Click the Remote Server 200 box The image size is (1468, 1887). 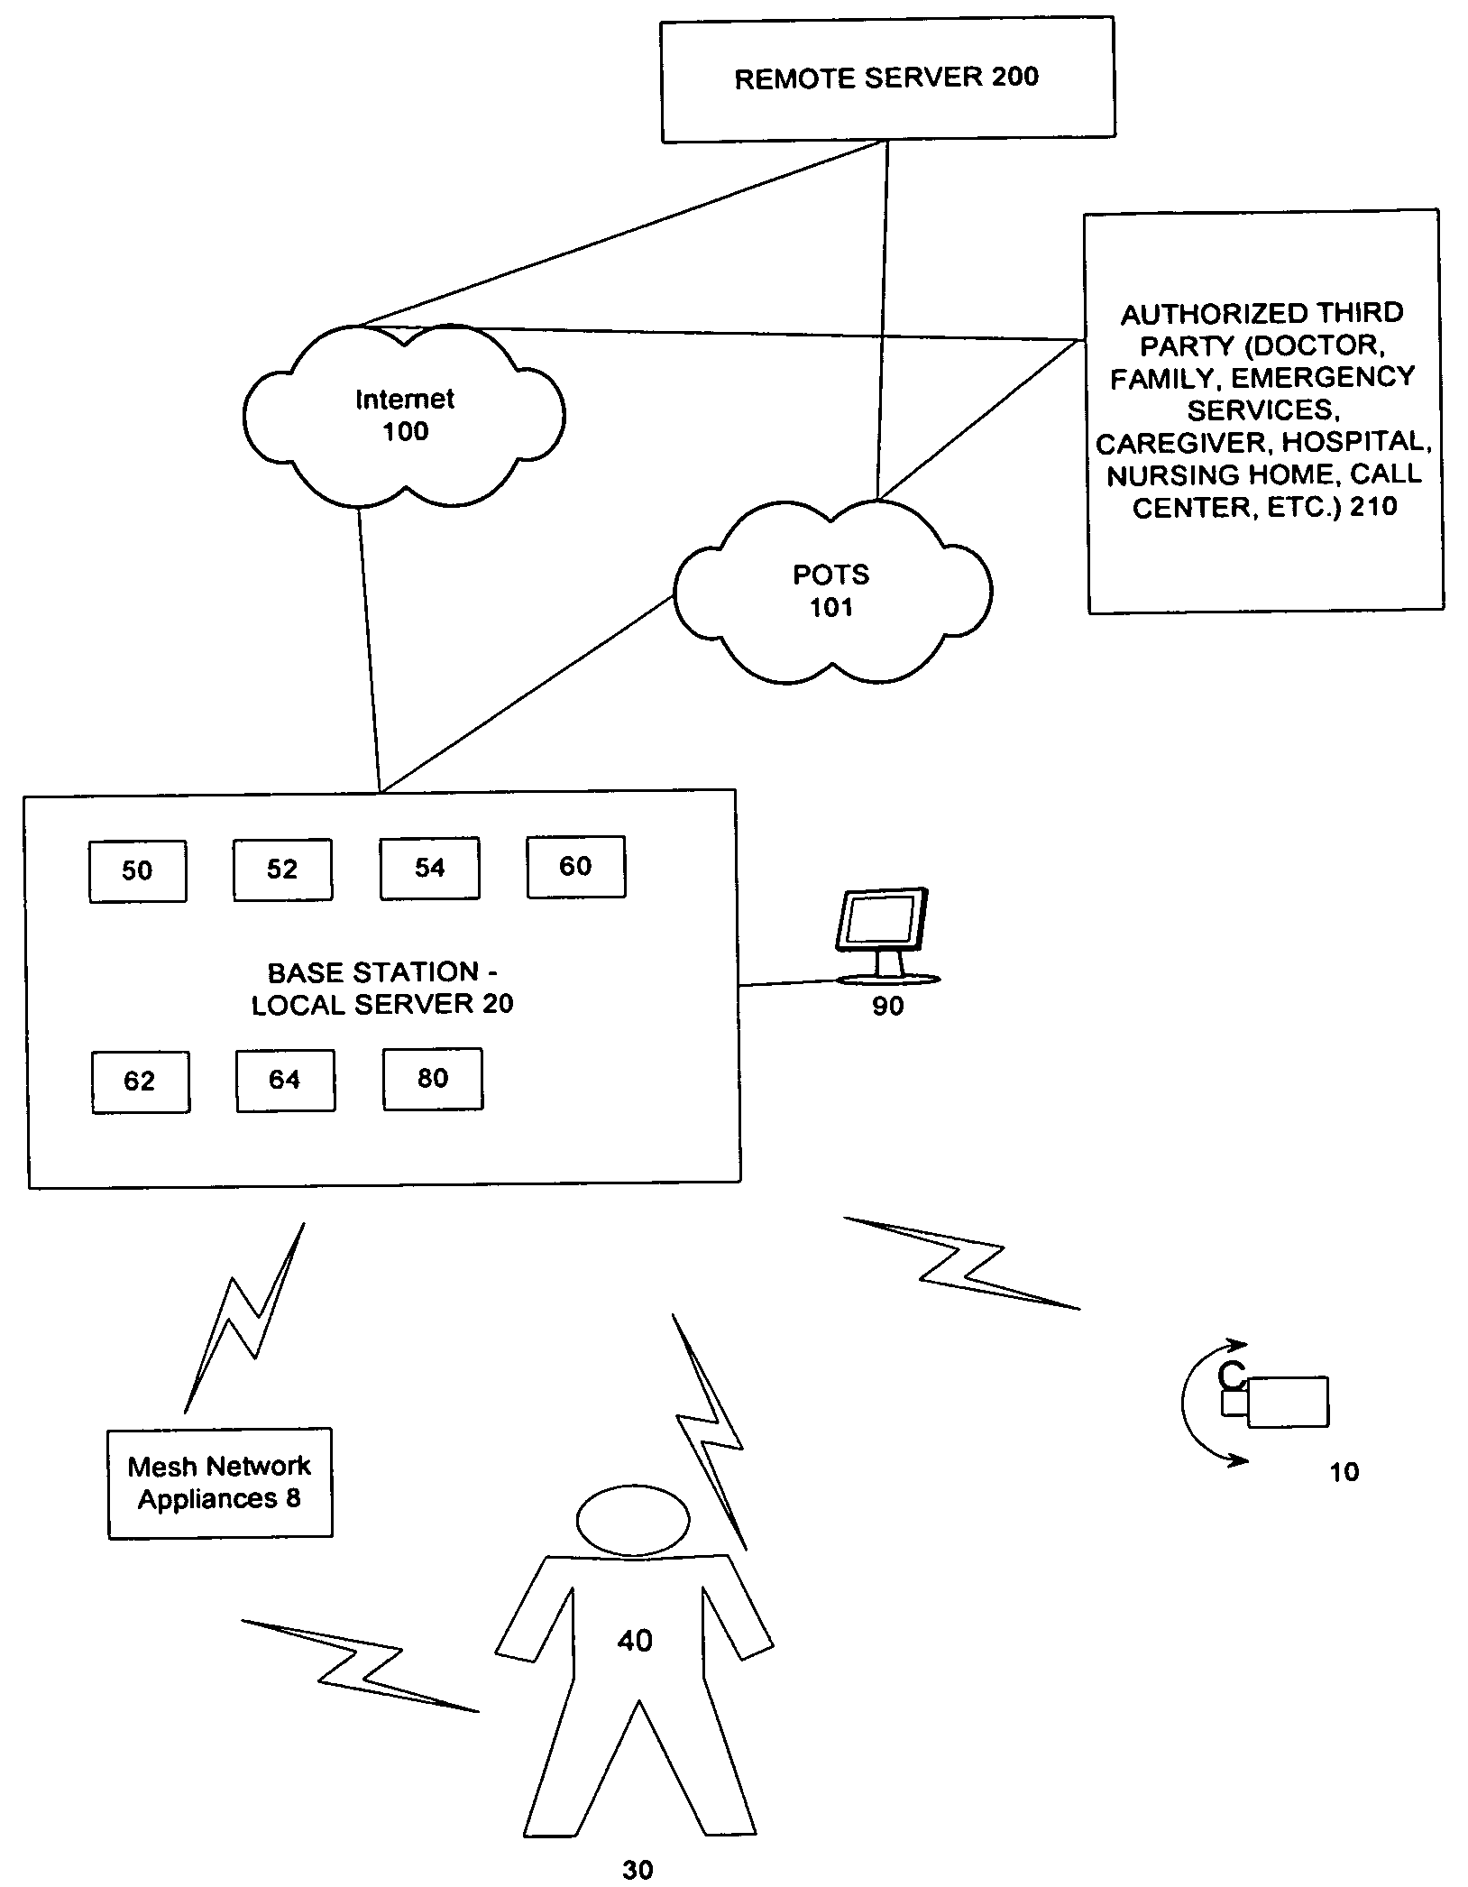tap(888, 79)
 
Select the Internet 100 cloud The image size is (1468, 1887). tap(404, 416)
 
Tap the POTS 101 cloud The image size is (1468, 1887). tap(831, 592)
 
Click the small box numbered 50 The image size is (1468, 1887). tap(137, 871)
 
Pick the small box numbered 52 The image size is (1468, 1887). tap(282, 870)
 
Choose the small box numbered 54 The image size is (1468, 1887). tap(429, 869)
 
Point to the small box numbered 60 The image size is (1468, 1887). tap(575, 867)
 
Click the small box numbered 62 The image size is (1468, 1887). tap(140, 1082)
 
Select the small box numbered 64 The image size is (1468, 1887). tap(285, 1080)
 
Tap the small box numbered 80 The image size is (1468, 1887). tap(433, 1079)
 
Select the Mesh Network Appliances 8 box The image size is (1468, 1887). tap(220, 1483)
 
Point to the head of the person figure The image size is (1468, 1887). tap(633, 1520)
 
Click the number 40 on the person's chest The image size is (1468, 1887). tap(635, 1640)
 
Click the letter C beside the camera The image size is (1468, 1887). tap(1231, 1376)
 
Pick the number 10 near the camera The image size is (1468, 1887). tap(1344, 1472)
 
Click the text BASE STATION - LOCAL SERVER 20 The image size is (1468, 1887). tap(382, 989)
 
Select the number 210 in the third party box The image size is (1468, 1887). tap(1373, 506)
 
